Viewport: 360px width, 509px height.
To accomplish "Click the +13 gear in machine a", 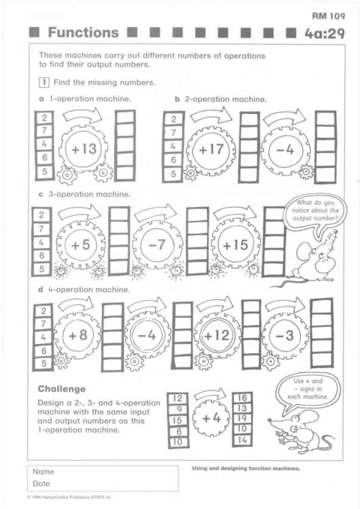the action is tap(84, 149).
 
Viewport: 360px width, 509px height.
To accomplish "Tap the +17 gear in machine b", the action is tap(211, 150).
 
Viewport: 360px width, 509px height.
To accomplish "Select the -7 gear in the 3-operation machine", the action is tap(157, 244).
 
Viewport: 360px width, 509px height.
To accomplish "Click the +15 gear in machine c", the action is tap(235, 245).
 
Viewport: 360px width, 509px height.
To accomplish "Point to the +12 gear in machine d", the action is tap(217, 335).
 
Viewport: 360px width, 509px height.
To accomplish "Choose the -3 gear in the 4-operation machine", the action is tap(285, 335).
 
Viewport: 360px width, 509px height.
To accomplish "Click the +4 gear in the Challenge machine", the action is tap(211, 418).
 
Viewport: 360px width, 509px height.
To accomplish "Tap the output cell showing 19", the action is tap(242, 418).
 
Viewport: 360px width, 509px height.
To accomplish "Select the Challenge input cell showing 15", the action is tap(178, 421).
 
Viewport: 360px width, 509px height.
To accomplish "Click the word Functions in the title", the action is tap(83, 32).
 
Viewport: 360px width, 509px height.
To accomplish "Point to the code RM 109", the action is tap(328, 16).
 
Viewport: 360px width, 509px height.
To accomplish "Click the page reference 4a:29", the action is tap(324, 34).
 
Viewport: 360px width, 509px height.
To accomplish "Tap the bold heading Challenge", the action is tap(61, 389).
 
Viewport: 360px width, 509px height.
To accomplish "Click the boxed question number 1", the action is tap(43, 82).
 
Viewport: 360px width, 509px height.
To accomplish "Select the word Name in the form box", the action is tap(43, 472).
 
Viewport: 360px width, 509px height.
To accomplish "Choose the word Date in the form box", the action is tap(41, 484).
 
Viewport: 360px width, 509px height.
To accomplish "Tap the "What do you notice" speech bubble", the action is tap(315, 211).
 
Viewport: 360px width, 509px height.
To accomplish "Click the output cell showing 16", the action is tap(242, 398).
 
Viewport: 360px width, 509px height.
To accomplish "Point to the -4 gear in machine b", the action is tap(285, 150).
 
